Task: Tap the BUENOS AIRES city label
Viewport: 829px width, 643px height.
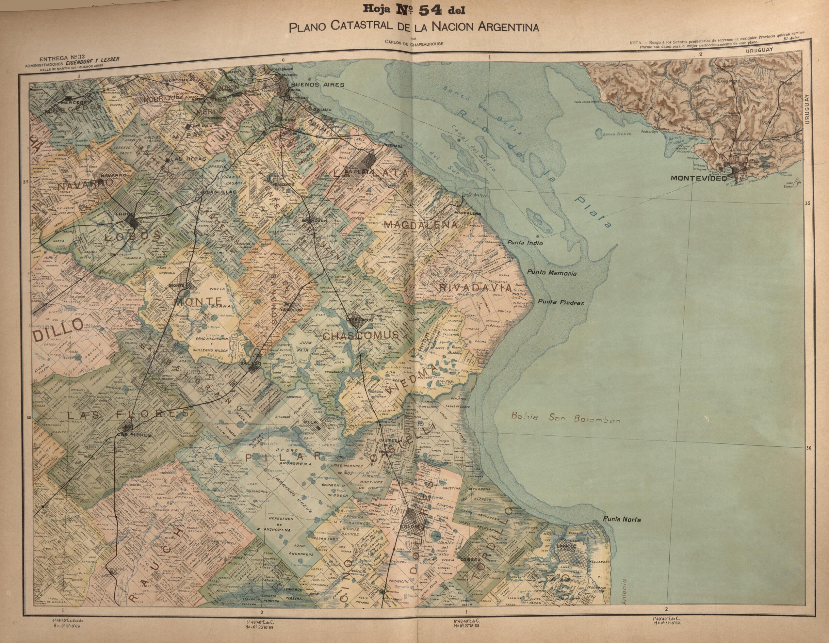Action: pyautogui.click(x=317, y=85)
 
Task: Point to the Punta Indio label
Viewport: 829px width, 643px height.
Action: pyautogui.click(x=525, y=243)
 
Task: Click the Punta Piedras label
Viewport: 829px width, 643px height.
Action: pyautogui.click(x=560, y=302)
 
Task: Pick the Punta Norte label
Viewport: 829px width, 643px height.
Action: pyautogui.click(x=622, y=519)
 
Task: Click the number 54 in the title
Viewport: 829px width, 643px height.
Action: pyautogui.click(x=430, y=10)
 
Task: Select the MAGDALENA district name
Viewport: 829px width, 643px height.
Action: pyautogui.click(x=421, y=225)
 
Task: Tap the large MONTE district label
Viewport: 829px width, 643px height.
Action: pyautogui.click(x=198, y=302)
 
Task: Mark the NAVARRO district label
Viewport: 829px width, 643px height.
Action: pyautogui.click(x=85, y=185)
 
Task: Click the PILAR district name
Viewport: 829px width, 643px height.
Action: pyautogui.click(x=283, y=458)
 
